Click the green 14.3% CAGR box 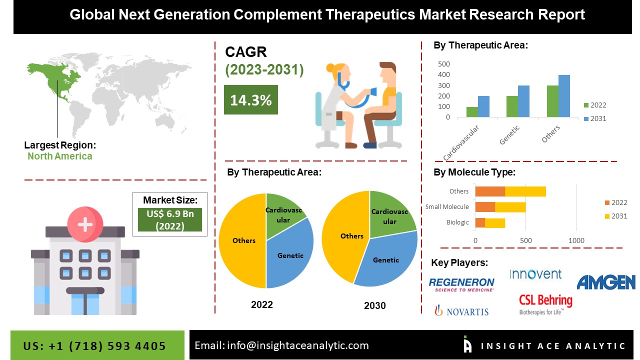250,100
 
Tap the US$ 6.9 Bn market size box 170,219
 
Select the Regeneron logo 461,284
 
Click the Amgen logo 605,282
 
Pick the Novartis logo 461,311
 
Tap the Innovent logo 535,274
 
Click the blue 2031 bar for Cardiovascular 483,106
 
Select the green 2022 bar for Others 552,101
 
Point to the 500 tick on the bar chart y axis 444,64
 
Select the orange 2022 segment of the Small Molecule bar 485,207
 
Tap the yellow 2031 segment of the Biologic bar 495,223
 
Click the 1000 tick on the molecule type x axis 576,240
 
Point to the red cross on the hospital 85,224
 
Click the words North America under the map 59,156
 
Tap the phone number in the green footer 94,346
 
